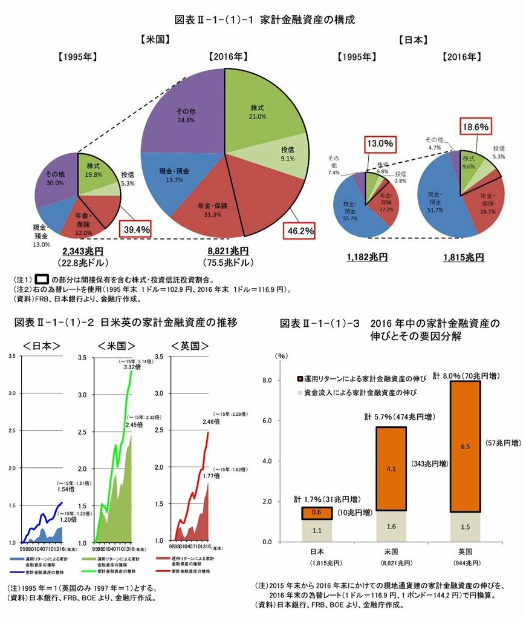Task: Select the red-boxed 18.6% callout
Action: click(x=476, y=126)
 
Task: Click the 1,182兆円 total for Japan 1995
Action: click(x=367, y=257)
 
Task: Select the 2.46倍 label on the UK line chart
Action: click(x=212, y=421)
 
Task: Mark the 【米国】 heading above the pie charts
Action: click(x=154, y=40)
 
